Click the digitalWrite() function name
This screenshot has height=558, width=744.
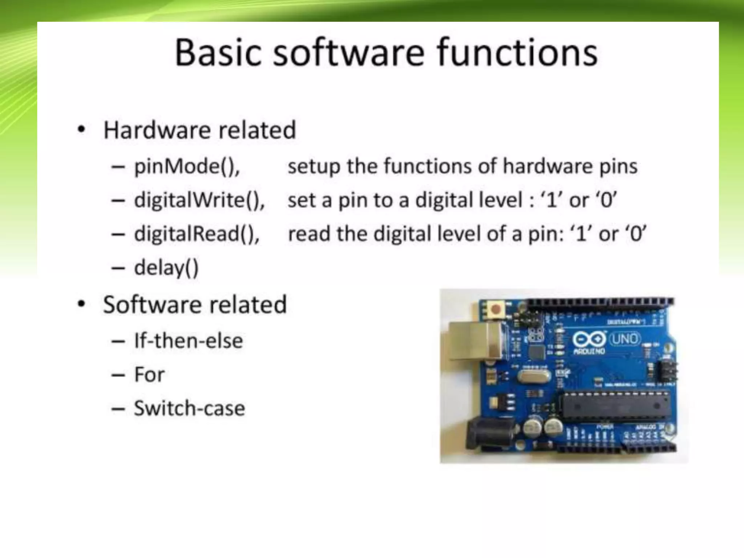199,200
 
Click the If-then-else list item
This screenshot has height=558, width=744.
188,341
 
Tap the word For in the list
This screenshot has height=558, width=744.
149,375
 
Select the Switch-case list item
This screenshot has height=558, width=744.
189,408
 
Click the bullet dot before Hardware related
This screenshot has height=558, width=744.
82,129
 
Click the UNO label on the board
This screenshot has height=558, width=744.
625,339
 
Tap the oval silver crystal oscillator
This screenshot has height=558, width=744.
533,375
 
